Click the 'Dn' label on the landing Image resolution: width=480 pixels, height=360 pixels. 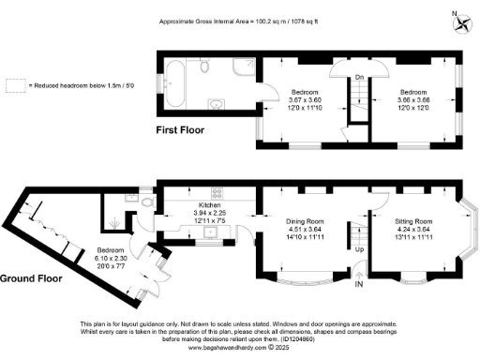pyautogui.click(x=360, y=79)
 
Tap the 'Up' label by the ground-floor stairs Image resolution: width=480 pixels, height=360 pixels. pyautogui.click(x=360, y=249)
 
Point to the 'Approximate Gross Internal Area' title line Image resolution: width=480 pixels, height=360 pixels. pyautogui.click(x=240, y=19)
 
